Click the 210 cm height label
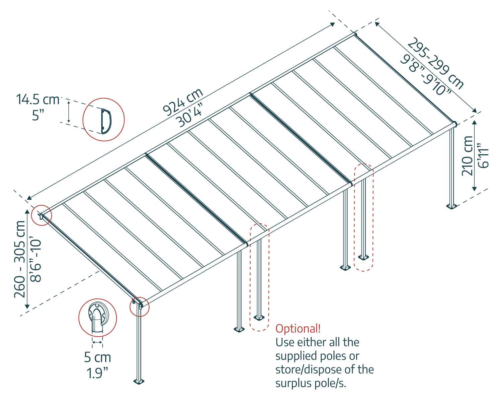pos(467,155)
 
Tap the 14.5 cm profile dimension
pos(37,99)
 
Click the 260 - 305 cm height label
pos(20,259)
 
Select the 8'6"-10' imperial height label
pos(35,260)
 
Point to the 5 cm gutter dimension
pos(97,357)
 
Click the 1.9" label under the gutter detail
pos(97,373)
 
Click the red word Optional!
pos(298,328)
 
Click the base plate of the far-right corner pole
pos(451,206)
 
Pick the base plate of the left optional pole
pos(258,317)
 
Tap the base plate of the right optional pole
pos(363,257)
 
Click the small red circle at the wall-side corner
pos(41,215)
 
